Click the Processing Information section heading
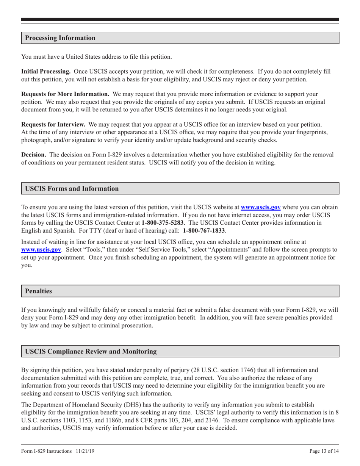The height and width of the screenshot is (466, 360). click(x=60, y=38)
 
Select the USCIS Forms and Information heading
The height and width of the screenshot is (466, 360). click(x=72, y=189)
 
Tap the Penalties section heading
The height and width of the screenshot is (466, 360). click(x=38, y=291)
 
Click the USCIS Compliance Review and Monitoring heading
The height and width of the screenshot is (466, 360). click(x=91, y=352)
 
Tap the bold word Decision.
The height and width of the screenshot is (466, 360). click(x=34, y=155)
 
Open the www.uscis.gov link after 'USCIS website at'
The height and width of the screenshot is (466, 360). click(x=261, y=207)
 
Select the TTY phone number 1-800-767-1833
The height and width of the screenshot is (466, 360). click(x=204, y=230)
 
